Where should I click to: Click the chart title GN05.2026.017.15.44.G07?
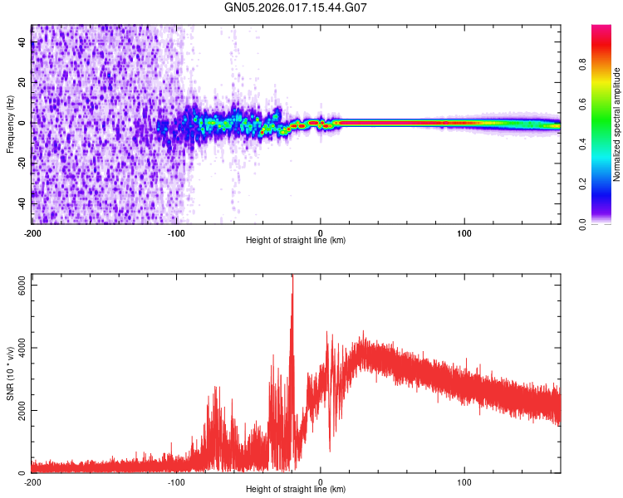(x=296, y=7)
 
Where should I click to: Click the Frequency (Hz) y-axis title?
(x=10, y=124)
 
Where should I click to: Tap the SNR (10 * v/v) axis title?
(x=10, y=373)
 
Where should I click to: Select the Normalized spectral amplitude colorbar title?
(x=617, y=124)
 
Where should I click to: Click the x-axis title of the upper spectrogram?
(x=296, y=241)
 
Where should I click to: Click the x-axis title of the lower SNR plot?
(x=296, y=490)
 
